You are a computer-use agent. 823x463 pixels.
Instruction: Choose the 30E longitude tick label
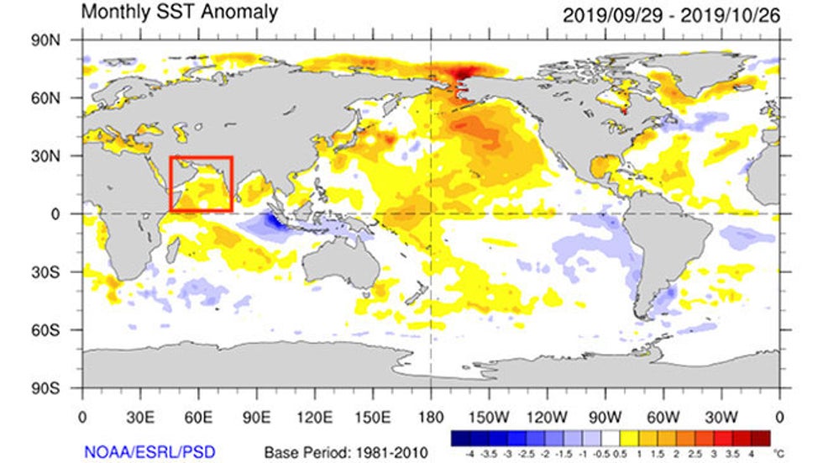[x=139, y=417]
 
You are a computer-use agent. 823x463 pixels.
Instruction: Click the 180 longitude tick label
[x=431, y=417]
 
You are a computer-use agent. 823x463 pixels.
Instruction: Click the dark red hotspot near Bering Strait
[x=460, y=75]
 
